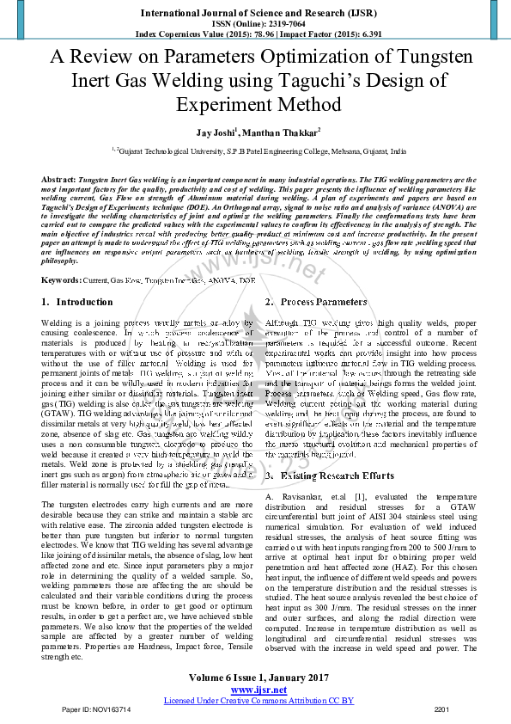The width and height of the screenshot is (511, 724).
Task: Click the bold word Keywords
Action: [60, 280]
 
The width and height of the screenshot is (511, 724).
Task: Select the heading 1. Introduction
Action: [78, 302]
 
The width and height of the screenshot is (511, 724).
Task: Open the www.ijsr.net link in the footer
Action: [259, 690]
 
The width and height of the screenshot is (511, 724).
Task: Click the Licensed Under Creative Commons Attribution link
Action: [259, 701]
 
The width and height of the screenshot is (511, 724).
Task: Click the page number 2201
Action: [442, 709]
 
